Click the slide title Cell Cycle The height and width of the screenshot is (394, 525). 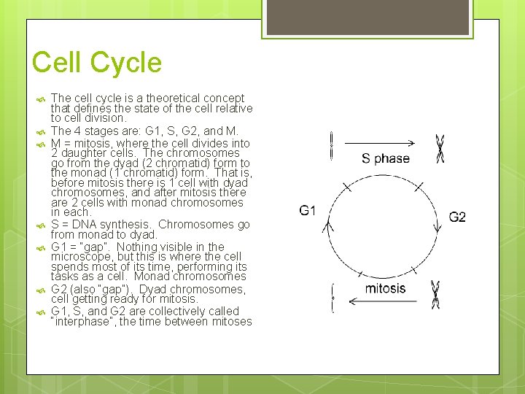tap(96, 63)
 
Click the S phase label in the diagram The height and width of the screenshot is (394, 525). tap(385, 158)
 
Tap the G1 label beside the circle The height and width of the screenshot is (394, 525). tap(308, 211)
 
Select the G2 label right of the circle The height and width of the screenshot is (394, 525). tap(457, 217)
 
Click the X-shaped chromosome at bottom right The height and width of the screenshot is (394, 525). tap(435, 294)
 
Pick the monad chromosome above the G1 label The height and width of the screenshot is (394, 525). tap(332, 145)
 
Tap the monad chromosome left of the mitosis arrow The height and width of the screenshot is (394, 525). tap(332, 298)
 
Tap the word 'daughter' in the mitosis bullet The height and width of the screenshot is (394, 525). tap(82, 153)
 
